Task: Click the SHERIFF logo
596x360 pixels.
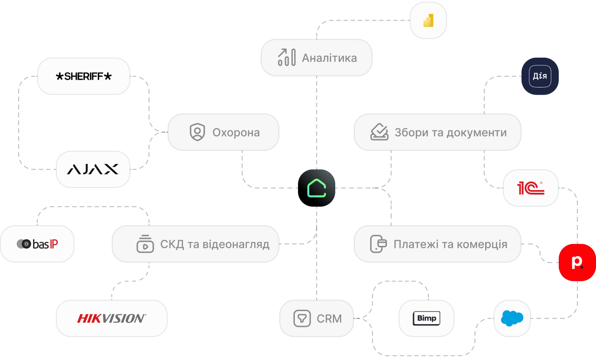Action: pos(83,76)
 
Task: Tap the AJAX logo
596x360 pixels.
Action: pos(93,169)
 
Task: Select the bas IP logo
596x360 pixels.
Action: pos(37,244)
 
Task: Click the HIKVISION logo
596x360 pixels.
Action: pos(111,319)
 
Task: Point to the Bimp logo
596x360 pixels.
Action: pos(427,318)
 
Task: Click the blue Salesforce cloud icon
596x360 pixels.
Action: pos(512,318)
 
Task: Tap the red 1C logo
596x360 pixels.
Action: pos(531,188)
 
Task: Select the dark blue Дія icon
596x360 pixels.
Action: pos(540,76)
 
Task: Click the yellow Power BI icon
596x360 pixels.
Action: pos(428,20)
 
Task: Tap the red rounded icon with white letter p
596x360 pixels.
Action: pos(577,262)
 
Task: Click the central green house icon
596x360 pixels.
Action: pos(317,188)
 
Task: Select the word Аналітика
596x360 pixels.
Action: pos(329,58)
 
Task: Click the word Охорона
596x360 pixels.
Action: pos(236,133)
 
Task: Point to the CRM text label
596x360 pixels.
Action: pos(329,319)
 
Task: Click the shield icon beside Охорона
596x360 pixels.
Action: pos(197,132)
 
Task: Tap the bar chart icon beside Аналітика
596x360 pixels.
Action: pos(286,57)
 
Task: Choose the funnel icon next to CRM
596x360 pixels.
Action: pos(302,318)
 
